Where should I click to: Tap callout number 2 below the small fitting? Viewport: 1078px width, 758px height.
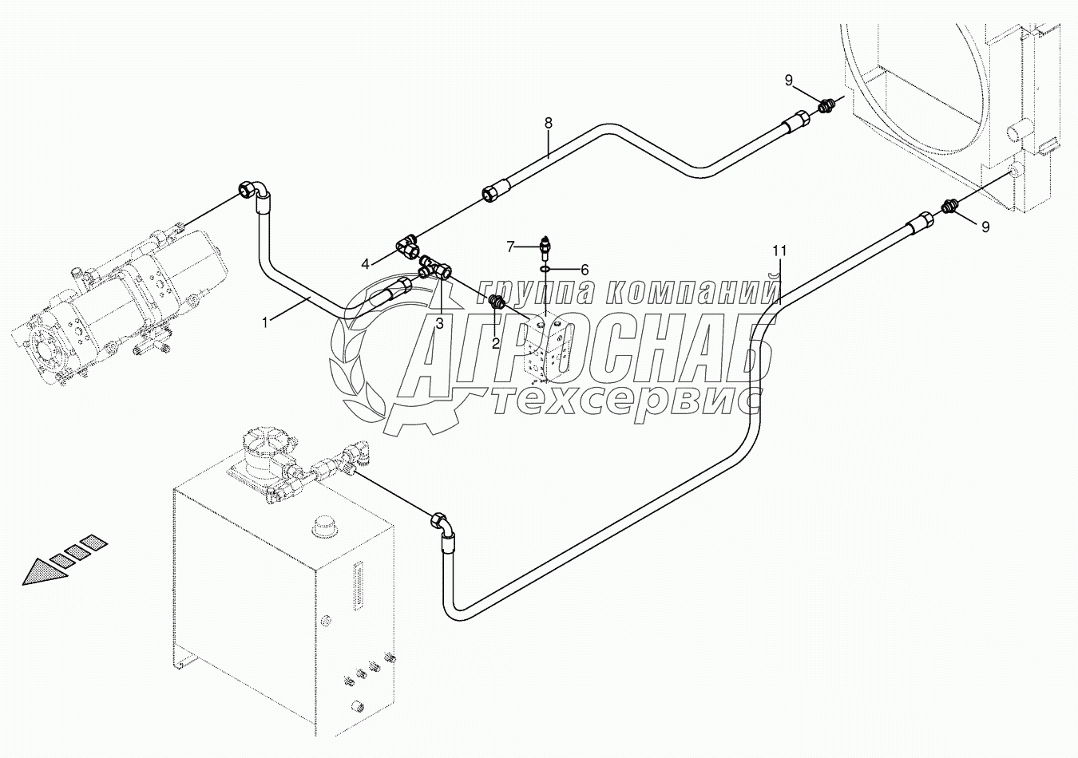point(496,343)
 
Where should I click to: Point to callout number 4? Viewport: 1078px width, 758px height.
point(365,263)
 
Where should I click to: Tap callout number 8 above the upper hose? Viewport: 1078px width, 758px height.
point(549,124)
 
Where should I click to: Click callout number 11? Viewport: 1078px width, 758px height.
point(779,251)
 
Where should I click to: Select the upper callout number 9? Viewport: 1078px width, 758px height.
point(789,80)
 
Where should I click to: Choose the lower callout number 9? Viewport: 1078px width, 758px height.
point(985,227)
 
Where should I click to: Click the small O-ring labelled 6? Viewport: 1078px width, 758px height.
point(545,270)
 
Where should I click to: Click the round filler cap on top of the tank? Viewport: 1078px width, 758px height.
point(324,527)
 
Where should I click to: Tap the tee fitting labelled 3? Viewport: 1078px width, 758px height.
point(435,266)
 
